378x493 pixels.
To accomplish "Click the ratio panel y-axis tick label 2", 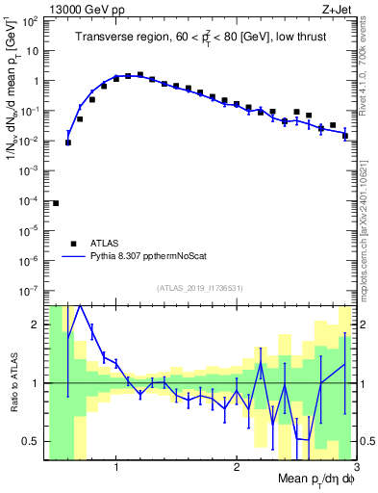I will pos(38,324).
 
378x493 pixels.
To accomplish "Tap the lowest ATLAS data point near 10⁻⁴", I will pos(56,203).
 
